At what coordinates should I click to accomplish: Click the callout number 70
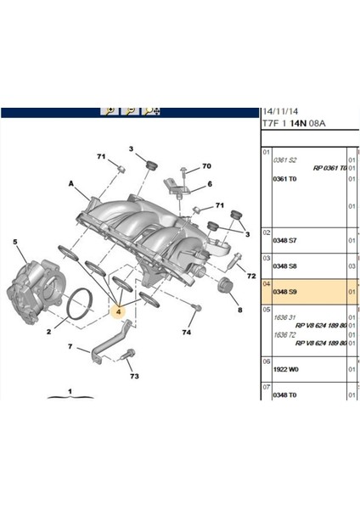coord(205,167)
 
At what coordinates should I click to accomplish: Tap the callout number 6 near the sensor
coord(209,184)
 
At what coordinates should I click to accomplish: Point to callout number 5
coord(14,242)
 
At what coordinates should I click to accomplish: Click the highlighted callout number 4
coord(119,312)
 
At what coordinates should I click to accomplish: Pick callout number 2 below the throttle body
coord(48,332)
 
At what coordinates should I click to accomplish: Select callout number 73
coord(134,375)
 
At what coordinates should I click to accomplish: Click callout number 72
coord(250,277)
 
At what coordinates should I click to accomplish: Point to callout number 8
coord(239,310)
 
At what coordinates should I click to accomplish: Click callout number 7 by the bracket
coord(71,347)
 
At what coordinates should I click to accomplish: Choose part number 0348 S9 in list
coord(284,292)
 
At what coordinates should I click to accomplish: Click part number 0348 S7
coord(284,241)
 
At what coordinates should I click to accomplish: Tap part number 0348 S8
coord(284,266)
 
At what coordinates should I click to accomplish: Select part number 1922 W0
coord(284,371)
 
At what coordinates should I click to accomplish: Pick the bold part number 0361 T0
coord(284,179)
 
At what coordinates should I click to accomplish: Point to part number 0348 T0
coord(284,395)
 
